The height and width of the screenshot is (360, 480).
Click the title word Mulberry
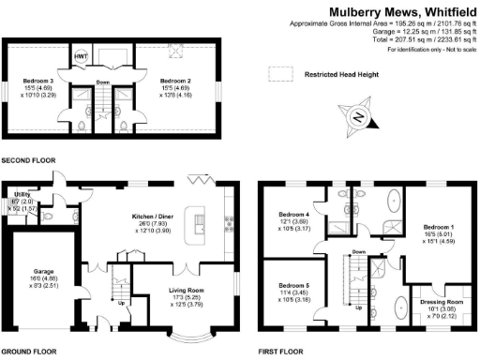click(351, 11)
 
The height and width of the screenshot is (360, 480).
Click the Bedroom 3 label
click(37, 82)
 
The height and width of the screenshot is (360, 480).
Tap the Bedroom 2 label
click(174, 82)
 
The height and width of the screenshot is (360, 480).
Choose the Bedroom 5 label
click(294, 287)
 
